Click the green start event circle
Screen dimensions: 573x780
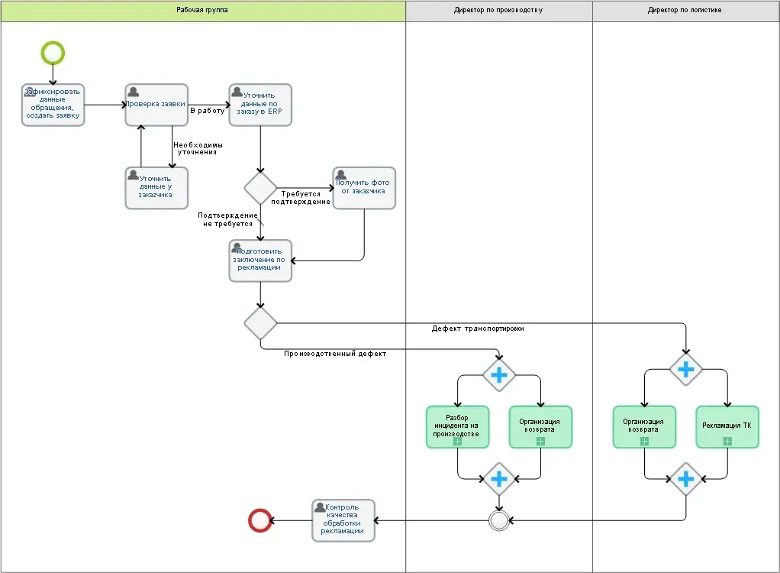[x=53, y=53]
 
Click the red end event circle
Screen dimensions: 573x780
[x=260, y=520]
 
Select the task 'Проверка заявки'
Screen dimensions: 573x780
[x=156, y=105]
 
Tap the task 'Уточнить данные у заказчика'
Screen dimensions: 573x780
[x=156, y=187]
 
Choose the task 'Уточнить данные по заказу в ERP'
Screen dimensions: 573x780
[x=259, y=105]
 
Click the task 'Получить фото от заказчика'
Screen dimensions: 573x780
[x=364, y=187]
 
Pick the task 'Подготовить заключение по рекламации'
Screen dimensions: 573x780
[x=259, y=260]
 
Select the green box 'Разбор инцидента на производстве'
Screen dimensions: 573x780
[x=456, y=426]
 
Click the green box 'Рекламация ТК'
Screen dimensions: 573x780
[x=727, y=426]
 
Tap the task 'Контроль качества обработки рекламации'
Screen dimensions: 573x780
[x=343, y=520]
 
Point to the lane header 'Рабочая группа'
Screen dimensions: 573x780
[x=202, y=11]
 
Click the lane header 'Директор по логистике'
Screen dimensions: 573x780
[x=685, y=11]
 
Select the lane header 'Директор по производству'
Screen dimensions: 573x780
[x=498, y=11]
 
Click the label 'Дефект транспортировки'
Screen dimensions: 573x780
[x=478, y=329]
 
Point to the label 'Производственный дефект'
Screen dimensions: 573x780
[x=335, y=354]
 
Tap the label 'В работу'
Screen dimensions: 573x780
[x=207, y=111]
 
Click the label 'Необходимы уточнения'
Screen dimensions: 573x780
[x=198, y=148]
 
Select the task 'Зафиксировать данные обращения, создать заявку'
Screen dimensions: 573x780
[x=53, y=105]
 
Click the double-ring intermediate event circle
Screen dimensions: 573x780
[x=498, y=520]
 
